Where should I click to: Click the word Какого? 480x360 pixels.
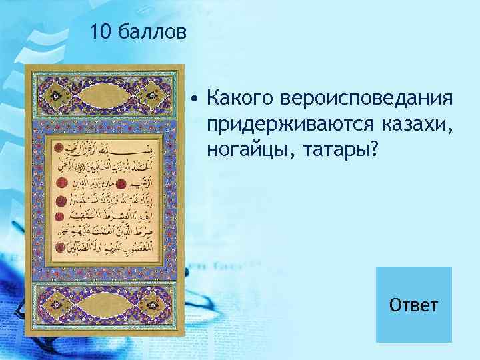click(x=238, y=99)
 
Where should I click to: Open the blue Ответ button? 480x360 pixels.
click(x=413, y=305)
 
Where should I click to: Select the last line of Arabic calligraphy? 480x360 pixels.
click(x=107, y=250)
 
